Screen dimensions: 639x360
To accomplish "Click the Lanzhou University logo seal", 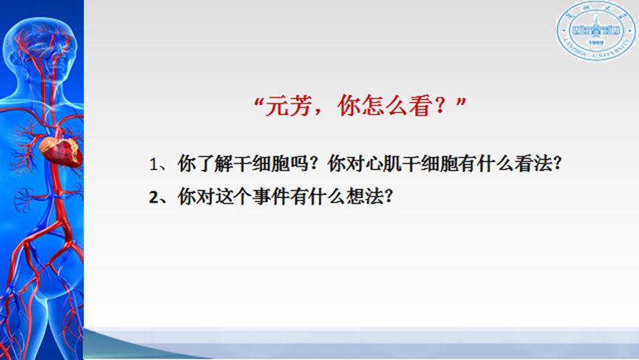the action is pos(596,30).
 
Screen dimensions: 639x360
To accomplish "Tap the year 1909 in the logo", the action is pos(596,42).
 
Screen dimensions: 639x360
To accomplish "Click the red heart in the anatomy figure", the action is pos(61,152).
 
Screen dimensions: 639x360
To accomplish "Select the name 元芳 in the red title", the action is pos(289,106).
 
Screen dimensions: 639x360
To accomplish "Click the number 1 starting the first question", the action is pos(154,165).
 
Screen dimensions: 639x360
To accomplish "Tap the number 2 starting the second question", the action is pos(153,197).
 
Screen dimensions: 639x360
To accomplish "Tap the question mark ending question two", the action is pos(389,197).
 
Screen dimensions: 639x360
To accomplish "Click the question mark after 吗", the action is pos(314,164).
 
